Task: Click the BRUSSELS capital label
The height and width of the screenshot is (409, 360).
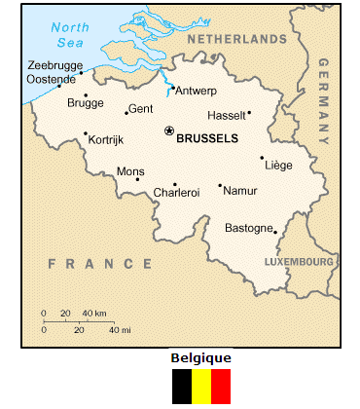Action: pos(207,138)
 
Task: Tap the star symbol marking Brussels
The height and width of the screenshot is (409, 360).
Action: pos(169,130)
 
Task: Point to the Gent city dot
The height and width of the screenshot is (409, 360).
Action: pos(126,112)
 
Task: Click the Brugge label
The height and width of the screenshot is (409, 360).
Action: pos(86,102)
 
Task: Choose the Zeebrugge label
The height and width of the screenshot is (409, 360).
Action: pos(55,64)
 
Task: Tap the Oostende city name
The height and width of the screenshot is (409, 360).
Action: pos(52,78)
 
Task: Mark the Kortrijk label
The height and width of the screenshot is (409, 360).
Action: pos(106,140)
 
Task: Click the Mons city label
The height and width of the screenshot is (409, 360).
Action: pos(130,171)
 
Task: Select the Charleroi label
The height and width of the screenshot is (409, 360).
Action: pos(176,193)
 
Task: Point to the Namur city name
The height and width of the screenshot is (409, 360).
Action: pos(240,191)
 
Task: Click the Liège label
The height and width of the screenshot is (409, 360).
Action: pos(278,166)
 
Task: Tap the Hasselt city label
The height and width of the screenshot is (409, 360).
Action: pos(229,114)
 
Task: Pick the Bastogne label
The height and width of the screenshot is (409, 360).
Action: pos(249,228)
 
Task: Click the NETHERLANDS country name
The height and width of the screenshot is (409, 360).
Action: pos(237,39)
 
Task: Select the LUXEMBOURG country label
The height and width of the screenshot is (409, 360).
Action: pos(301,262)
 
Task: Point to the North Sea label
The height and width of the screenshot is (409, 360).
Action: pos(69,34)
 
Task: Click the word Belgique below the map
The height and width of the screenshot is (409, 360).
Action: pos(200,357)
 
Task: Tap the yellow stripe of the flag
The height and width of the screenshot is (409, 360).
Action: pos(201,386)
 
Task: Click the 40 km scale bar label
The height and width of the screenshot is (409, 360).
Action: pos(93,313)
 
